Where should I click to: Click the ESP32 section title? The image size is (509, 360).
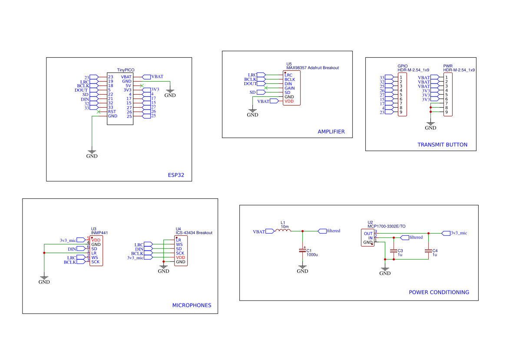pos(176,176)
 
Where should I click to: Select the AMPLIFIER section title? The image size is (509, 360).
pos(331,132)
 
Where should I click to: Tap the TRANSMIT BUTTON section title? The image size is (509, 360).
pos(442,145)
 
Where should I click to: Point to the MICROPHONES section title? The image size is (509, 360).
pos(192,305)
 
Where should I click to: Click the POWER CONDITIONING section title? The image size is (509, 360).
pos(439,292)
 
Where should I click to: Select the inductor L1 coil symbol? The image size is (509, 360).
pos(284,231)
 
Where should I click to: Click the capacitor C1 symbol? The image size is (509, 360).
pos(303,251)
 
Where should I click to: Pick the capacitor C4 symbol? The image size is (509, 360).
pos(428,251)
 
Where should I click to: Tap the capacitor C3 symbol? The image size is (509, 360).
pos(393,251)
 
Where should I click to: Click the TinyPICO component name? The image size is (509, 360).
pos(126,70)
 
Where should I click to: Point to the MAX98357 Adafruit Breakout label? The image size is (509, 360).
pos(312,68)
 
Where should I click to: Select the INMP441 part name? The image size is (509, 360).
pos(99,233)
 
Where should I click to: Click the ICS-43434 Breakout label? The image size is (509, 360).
pos(194,233)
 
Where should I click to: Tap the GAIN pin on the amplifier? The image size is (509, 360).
pos(289,88)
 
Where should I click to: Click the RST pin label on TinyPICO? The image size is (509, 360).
pos(112,112)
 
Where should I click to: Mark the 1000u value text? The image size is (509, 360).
pos(312,255)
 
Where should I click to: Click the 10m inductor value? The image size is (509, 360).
pos(284,227)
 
